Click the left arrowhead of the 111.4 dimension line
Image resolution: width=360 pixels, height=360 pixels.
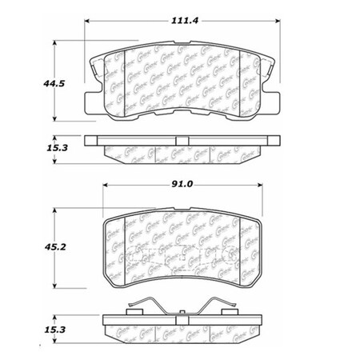(x=87, y=18)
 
